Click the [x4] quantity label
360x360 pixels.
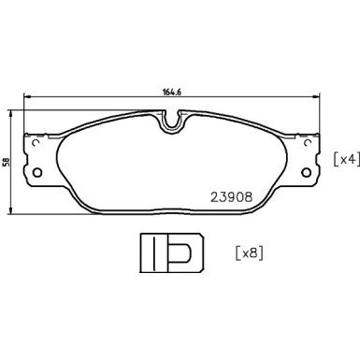coord(344,160)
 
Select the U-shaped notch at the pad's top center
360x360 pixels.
coord(170,121)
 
